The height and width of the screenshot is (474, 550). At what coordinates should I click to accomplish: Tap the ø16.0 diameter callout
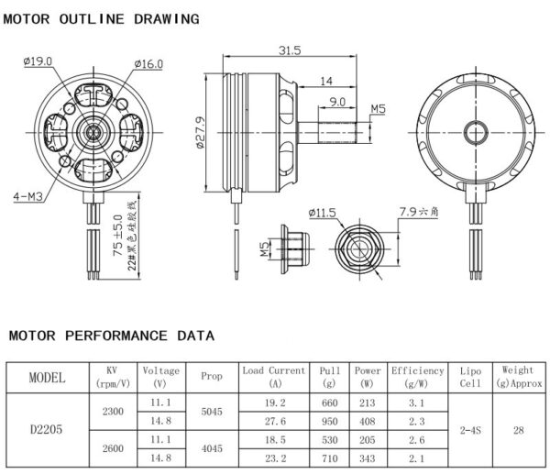tap(148, 63)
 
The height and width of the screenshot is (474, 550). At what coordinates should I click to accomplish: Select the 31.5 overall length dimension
tap(291, 50)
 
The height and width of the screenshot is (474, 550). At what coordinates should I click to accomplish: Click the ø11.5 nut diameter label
tap(324, 213)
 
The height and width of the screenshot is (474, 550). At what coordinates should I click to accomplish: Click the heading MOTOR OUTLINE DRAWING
tap(101, 18)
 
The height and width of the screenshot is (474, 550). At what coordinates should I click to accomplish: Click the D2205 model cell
tap(46, 428)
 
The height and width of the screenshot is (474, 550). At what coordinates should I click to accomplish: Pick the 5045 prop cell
tap(211, 413)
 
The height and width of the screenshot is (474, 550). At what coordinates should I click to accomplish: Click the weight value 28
tap(518, 428)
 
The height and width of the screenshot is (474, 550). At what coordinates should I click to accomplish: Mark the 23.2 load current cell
tap(274, 457)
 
